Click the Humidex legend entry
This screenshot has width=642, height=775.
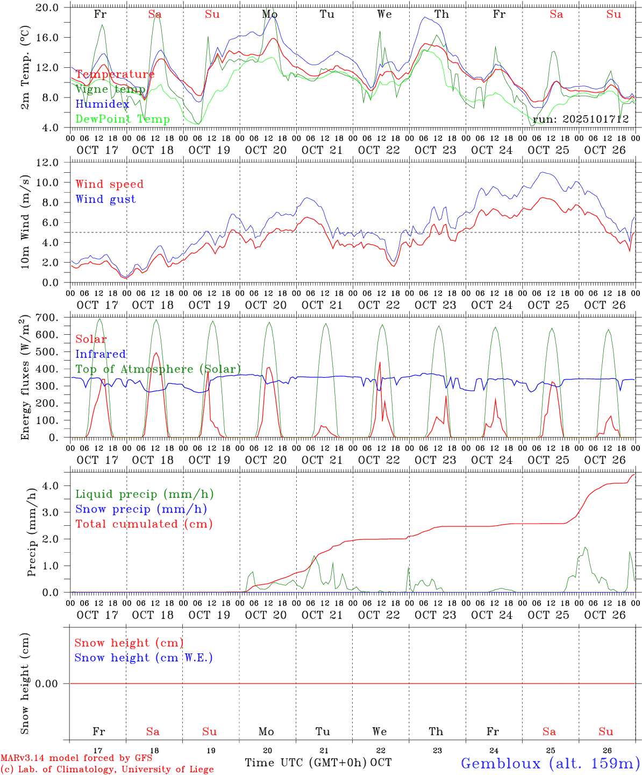(102, 104)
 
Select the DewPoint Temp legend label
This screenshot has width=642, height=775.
(123, 119)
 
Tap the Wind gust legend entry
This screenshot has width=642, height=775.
(105, 199)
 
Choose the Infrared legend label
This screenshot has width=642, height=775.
(101, 354)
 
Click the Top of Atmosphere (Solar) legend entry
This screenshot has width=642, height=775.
(158, 369)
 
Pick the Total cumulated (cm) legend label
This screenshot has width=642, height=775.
(144, 524)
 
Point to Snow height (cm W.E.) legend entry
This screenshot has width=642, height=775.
(143, 658)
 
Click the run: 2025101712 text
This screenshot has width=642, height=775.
(581, 119)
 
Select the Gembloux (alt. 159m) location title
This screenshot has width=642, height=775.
(550, 763)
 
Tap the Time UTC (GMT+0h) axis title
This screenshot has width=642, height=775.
(305, 763)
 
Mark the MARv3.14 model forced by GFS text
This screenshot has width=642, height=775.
(76, 758)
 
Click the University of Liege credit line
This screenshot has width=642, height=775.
(107, 770)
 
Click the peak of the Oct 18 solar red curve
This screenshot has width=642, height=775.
(156, 353)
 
